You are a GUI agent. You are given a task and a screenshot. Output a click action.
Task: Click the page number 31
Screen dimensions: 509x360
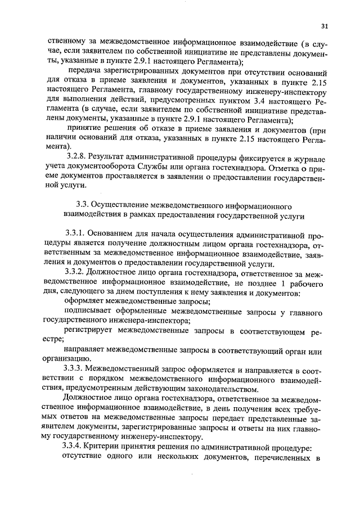[x=325, y=25]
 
